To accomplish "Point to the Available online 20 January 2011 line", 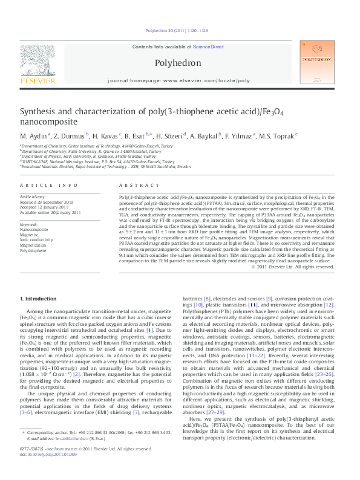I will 50,212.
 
